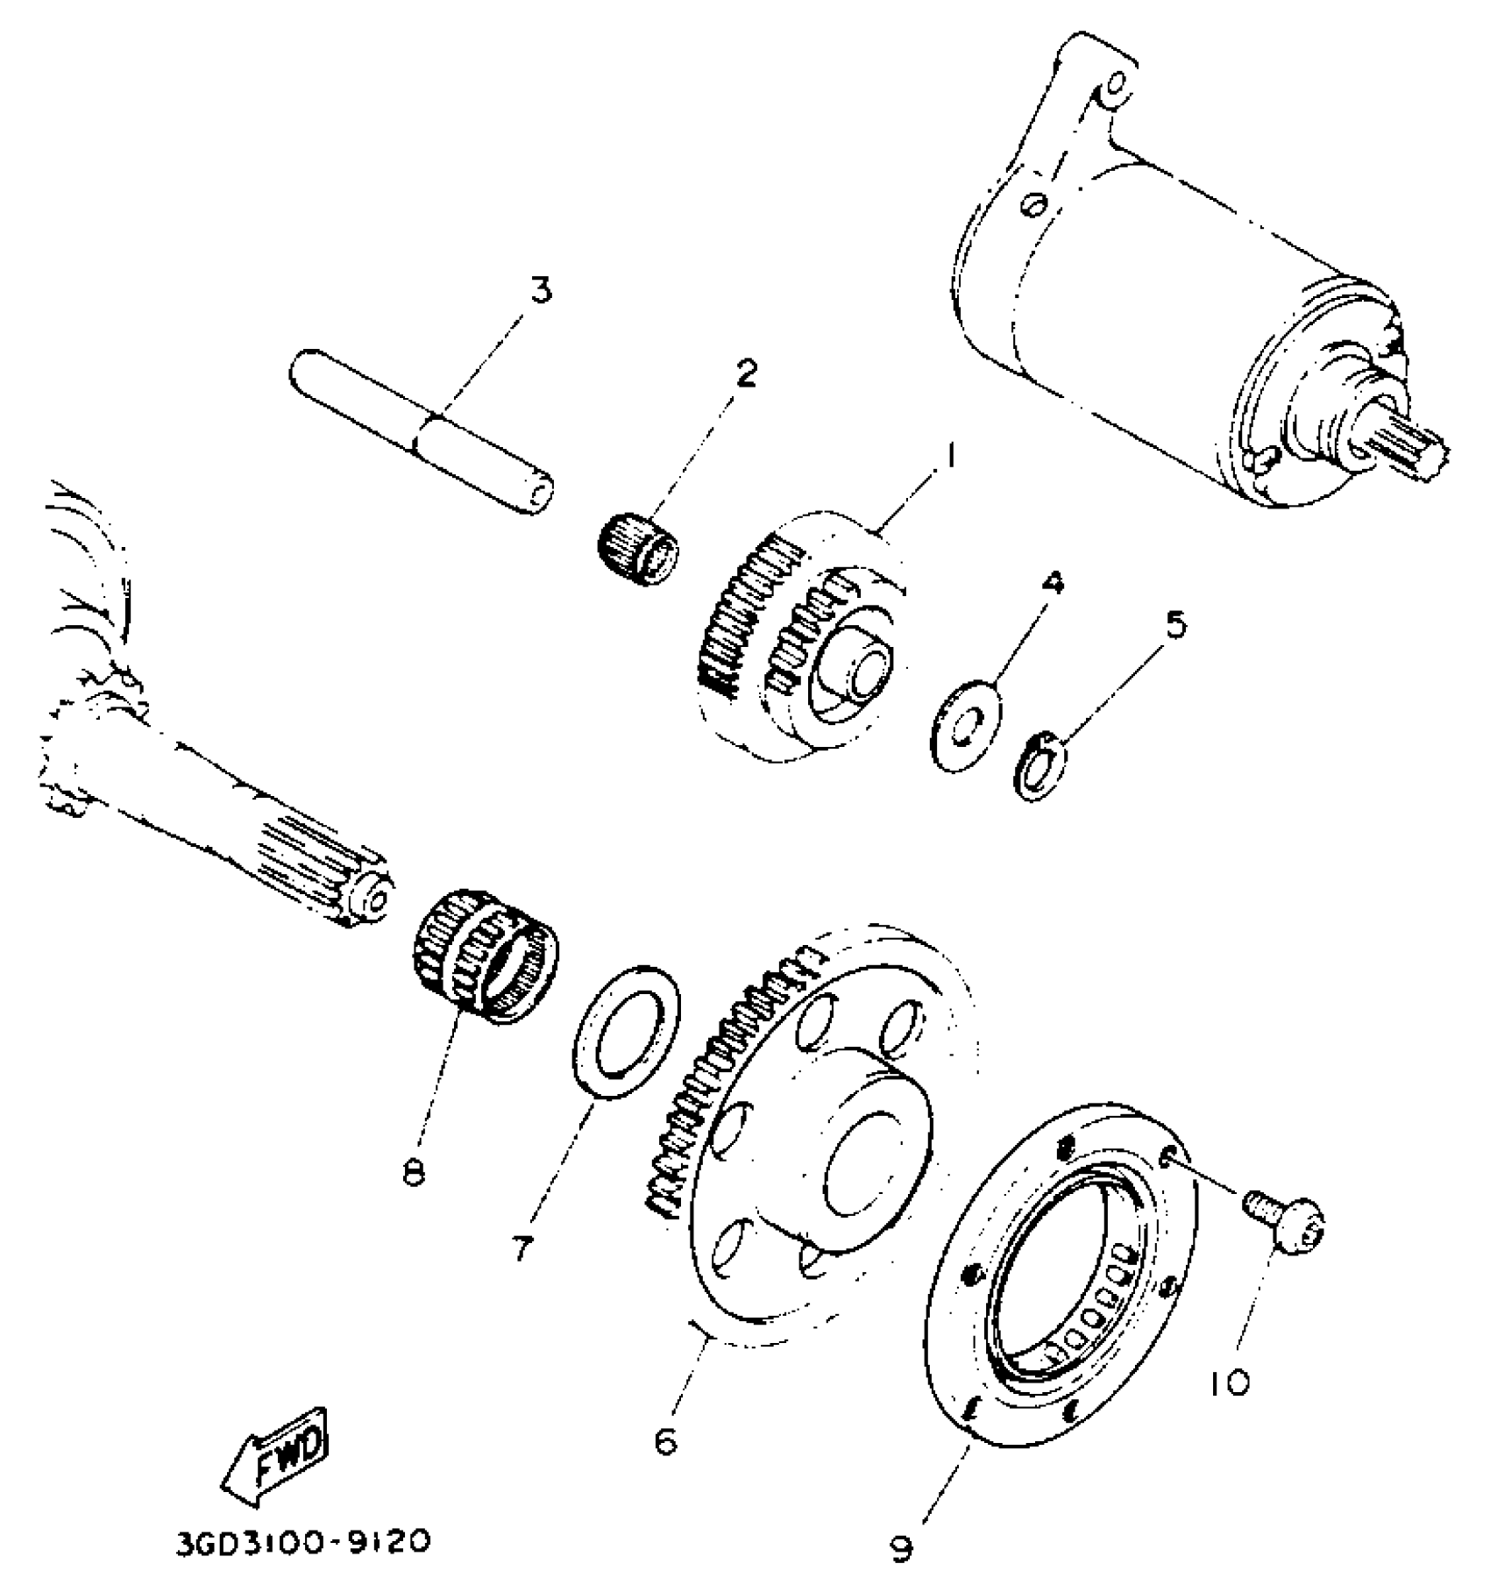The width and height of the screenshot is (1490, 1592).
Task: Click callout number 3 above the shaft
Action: pos(542,290)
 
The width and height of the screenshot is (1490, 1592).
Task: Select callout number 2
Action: pos(745,373)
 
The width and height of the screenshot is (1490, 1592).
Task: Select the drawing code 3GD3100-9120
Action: pos(303,1542)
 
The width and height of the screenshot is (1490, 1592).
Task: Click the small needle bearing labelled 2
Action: pos(637,547)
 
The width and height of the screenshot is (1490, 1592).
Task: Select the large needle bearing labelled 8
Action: pos(485,963)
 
